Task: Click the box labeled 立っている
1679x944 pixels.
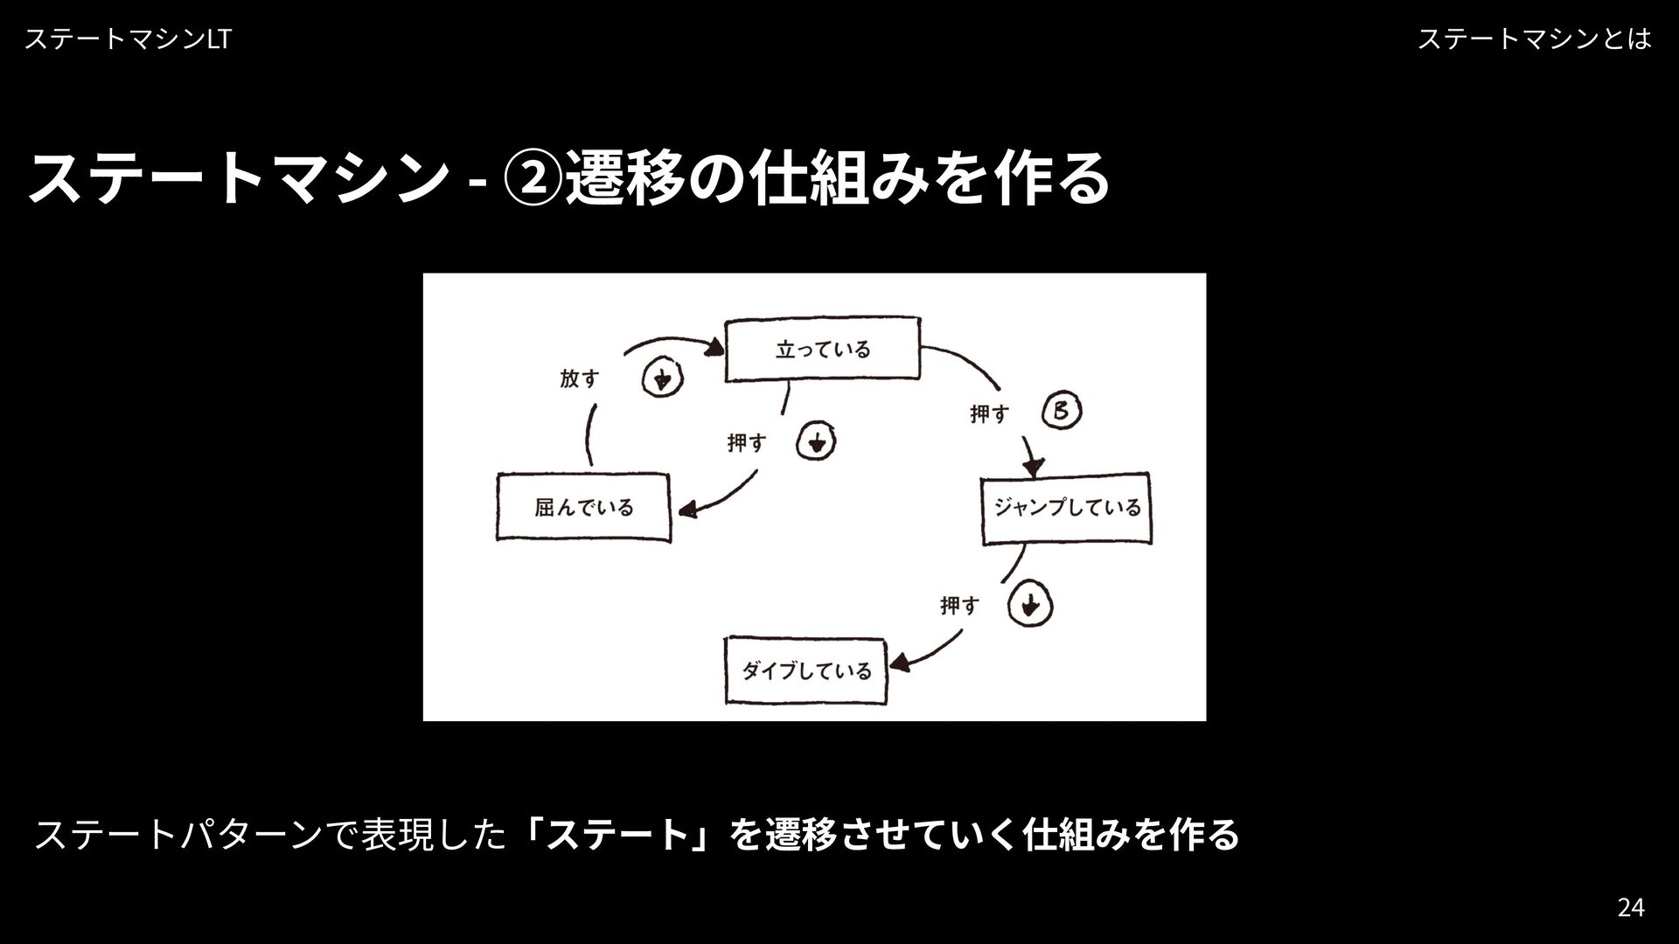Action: (822, 350)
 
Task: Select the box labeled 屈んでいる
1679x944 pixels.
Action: (583, 508)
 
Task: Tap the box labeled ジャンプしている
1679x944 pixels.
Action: (1065, 508)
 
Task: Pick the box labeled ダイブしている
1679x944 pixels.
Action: (805, 671)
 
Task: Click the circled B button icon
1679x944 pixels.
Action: (1062, 412)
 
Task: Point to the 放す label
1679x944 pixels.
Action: (580, 379)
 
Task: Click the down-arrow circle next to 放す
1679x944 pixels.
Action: (663, 379)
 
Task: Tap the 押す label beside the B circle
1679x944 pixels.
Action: (989, 413)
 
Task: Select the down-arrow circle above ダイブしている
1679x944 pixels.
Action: (1030, 605)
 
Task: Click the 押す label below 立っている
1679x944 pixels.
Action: (746, 443)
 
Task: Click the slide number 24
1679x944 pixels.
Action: (1630, 908)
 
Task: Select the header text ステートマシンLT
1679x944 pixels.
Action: (128, 39)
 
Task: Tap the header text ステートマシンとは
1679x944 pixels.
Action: (1534, 39)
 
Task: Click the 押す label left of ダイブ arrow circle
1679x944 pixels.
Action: (959, 605)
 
